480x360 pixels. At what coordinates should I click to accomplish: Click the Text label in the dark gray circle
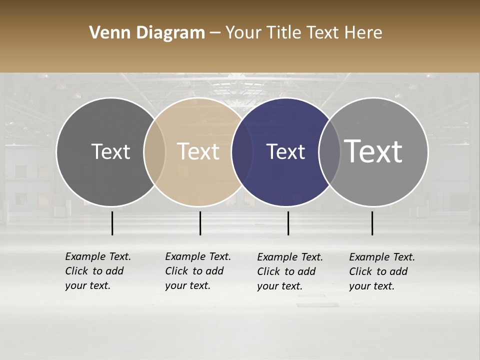(110, 151)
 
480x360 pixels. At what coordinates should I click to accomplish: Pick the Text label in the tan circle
(198, 151)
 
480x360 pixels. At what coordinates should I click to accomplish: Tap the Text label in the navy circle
(285, 151)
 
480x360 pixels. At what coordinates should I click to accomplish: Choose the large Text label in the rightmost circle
(373, 151)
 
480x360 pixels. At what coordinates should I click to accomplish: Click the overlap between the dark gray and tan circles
(154, 152)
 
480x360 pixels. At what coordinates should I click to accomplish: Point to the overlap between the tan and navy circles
(242, 152)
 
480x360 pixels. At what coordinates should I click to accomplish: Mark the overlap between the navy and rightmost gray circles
(330, 152)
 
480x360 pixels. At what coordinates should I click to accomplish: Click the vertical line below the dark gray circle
(112, 223)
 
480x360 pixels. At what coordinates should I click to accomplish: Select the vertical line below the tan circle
(200, 223)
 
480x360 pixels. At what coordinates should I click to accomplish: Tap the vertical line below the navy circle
(288, 223)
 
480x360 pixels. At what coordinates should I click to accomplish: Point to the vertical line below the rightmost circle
(372, 223)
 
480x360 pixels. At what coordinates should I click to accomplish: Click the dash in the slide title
(215, 33)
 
